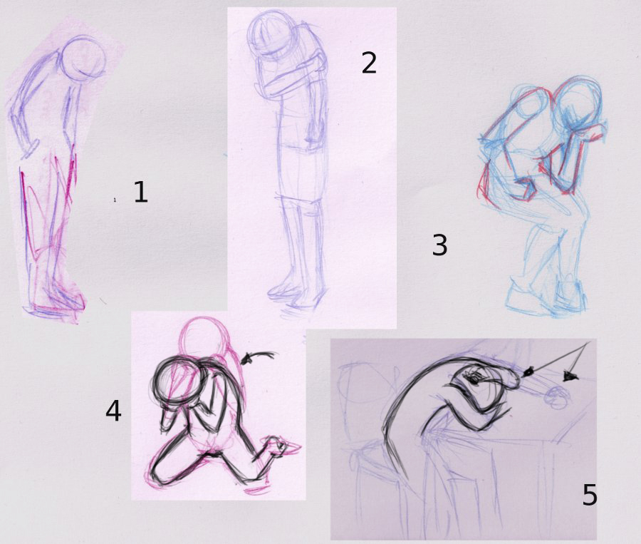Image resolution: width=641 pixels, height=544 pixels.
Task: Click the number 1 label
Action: click(x=140, y=192)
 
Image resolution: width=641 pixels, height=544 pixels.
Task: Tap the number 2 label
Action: click(x=369, y=63)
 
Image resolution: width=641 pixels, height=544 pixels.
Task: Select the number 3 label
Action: click(x=439, y=245)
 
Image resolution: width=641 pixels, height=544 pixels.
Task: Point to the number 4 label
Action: click(x=113, y=411)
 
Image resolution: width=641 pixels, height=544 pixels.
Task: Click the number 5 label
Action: click(x=590, y=495)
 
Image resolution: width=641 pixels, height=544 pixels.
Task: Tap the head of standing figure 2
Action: click(x=270, y=37)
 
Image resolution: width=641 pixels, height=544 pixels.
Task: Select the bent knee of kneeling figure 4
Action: click(x=160, y=471)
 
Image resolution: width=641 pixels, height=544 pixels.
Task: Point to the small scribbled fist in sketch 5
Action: click(x=557, y=397)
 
